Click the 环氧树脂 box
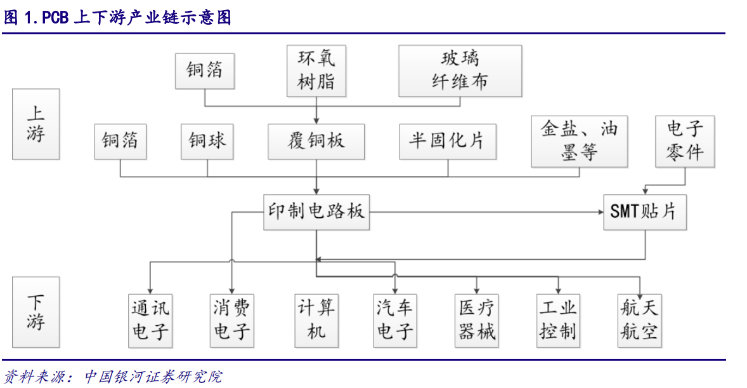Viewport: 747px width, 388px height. (316, 71)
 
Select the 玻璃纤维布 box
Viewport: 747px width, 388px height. (460, 71)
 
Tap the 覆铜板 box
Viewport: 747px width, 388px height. (316, 142)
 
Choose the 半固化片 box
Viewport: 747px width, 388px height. (448, 142)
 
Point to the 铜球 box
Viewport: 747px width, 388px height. (207, 142)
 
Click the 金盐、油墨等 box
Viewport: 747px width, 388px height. (580, 141)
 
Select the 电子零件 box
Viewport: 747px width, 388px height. (685, 141)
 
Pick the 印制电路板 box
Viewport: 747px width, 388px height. (316, 212)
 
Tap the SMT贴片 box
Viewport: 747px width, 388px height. (645, 212)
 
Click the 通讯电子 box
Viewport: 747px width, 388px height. (150, 321)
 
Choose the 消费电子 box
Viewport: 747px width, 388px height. (232, 321)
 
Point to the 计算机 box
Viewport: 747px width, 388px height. (317, 321)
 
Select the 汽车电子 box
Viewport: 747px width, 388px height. (395, 321)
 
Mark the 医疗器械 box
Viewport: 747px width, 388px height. (477, 321)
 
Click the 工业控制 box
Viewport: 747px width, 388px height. (558, 321)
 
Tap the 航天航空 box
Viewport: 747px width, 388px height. (640, 321)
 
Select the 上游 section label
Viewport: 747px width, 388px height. (36, 124)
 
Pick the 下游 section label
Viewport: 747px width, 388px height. (36, 312)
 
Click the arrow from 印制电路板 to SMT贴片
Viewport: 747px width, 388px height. (486, 212)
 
